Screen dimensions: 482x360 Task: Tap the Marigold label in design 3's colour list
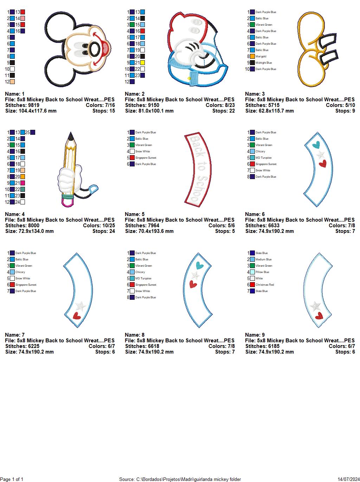point(261,56)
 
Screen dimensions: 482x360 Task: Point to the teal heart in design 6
point(316,144)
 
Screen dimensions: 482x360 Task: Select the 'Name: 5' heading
point(135,214)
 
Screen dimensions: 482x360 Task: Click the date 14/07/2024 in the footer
point(348,479)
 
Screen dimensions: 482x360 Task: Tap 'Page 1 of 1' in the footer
point(12,479)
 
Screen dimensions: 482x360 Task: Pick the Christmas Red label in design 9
point(265,285)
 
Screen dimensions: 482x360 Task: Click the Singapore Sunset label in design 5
point(146,158)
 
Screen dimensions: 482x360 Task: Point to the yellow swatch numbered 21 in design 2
point(142,63)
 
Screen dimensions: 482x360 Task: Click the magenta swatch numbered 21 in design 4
point(22,183)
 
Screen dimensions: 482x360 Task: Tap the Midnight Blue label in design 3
point(264,63)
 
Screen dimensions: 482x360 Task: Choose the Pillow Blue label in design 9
point(262,272)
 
